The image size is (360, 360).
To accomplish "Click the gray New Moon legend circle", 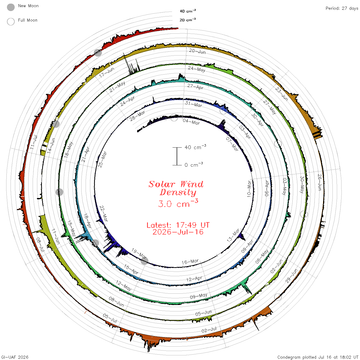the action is (11, 7).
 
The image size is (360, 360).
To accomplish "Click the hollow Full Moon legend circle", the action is (11, 22).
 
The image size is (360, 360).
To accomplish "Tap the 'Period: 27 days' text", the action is (342, 8).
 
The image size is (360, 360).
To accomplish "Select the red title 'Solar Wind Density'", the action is (176, 188).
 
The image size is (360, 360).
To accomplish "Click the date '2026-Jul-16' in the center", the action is (178, 232).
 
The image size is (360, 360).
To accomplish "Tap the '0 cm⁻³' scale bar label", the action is (194, 164).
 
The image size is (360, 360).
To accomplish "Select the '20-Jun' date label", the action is (197, 51).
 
